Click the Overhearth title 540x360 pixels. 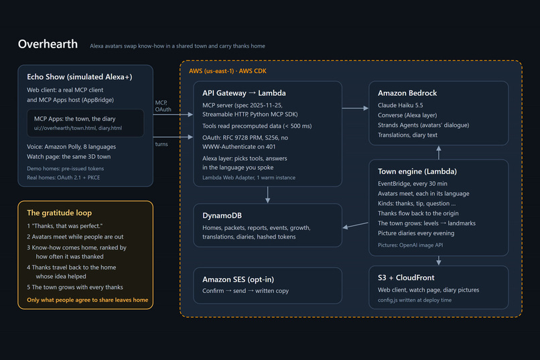[48, 44]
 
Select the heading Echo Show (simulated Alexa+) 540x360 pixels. [80, 77]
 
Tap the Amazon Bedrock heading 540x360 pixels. [407, 93]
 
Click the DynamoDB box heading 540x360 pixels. [222, 216]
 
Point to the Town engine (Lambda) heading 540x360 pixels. [417, 172]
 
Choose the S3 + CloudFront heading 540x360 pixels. [406, 278]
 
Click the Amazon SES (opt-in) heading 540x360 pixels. [238, 280]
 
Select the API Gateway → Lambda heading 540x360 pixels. [244, 93]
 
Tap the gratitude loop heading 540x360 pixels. [59, 213]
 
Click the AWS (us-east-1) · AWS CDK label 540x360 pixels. [227, 71]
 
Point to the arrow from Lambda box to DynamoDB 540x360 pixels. [267, 195]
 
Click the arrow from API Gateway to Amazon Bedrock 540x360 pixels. [355, 108]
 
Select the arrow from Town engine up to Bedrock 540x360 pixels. [438, 153]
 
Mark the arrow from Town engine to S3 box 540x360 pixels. [438, 260]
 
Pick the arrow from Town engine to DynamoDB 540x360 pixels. [355, 225]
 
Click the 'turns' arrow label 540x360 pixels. [161, 144]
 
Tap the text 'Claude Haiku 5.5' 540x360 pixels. [400, 105]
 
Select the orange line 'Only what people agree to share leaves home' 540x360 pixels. [88, 300]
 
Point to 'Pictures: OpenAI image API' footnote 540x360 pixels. [410, 245]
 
